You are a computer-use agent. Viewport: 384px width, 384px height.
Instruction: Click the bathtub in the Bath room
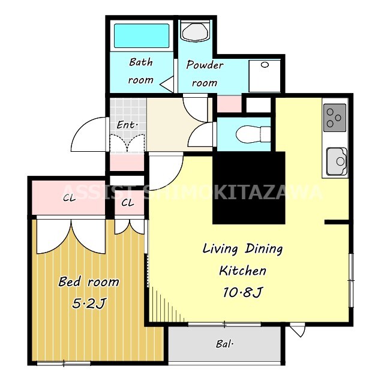142,35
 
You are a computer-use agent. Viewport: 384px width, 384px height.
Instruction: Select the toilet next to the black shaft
253,134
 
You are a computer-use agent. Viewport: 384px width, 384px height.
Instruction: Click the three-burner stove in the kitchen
335,118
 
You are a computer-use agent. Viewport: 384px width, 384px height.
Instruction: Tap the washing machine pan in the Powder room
265,76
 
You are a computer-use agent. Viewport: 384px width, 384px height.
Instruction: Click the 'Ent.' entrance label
127,125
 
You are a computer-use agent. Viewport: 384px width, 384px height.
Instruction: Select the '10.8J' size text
242,292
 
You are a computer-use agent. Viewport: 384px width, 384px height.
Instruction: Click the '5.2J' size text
89,304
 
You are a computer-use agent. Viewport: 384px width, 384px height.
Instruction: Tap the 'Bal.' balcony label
224,344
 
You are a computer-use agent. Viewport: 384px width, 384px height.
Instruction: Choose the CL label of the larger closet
70,198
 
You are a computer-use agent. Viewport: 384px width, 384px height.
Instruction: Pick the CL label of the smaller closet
128,203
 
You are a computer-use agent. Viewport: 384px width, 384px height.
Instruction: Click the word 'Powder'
205,65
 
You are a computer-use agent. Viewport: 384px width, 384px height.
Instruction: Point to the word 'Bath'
141,62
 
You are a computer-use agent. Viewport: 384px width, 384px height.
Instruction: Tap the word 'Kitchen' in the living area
242,271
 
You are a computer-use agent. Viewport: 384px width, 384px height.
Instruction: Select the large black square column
249,188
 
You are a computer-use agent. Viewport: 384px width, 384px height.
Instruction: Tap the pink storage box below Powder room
229,104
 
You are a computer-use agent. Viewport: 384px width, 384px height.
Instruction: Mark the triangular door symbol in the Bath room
167,85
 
